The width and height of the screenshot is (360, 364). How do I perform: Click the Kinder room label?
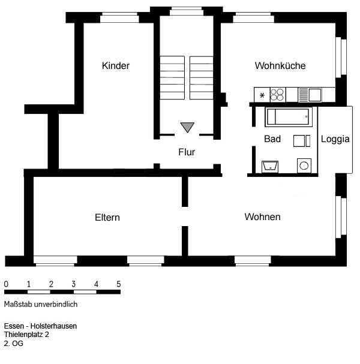point(116,66)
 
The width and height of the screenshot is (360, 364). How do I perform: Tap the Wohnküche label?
point(280,66)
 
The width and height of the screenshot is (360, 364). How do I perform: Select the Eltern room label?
point(107,218)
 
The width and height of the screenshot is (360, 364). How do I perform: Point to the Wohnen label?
point(262,217)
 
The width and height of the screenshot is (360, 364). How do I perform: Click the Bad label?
point(272,139)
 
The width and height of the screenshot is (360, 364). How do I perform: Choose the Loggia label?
point(335,139)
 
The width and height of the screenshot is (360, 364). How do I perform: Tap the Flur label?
point(187,152)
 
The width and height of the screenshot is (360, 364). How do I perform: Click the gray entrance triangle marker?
point(187,127)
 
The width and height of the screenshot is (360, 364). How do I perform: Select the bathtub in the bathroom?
point(289,117)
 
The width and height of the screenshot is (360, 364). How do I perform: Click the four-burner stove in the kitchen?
point(278,95)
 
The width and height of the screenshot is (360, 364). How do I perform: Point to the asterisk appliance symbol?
point(262,95)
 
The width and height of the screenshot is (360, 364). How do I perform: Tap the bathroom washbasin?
point(270,166)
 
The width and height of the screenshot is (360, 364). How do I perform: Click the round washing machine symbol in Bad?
point(304,166)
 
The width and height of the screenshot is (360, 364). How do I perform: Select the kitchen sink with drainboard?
point(310,95)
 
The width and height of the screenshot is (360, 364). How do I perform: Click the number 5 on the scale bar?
point(119,284)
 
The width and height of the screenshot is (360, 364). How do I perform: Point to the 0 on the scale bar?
point(6,284)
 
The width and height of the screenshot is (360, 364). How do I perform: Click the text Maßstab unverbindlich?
point(41,305)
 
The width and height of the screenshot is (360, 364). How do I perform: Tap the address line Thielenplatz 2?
point(26,335)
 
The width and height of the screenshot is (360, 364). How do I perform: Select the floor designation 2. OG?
point(13,344)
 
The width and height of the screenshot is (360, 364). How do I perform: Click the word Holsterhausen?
point(53,326)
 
